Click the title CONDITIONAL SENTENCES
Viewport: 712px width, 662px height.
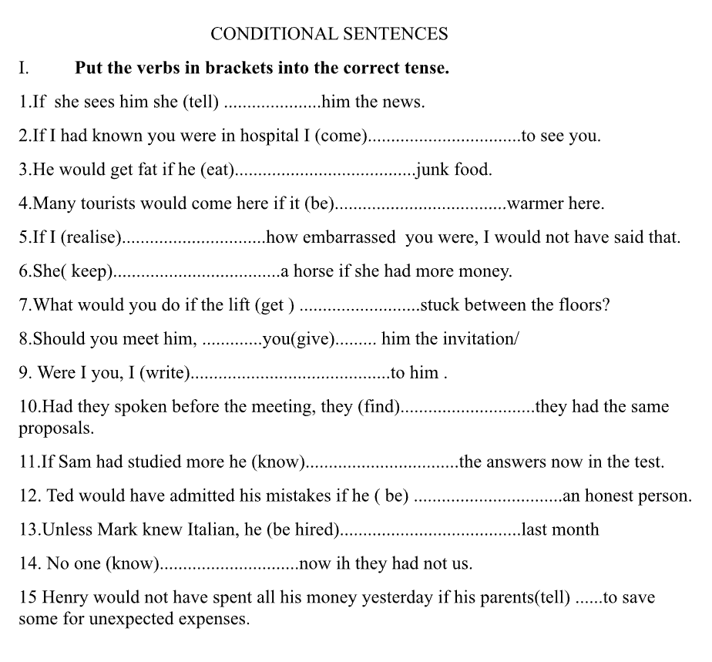(x=329, y=34)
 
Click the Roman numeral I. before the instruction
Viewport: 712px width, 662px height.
(x=24, y=68)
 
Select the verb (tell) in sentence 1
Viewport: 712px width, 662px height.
(x=200, y=102)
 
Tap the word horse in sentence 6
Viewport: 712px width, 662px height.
(x=313, y=271)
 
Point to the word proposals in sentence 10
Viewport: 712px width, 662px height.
(x=56, y=428)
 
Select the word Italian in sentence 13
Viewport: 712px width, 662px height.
(x=211, y=530)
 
